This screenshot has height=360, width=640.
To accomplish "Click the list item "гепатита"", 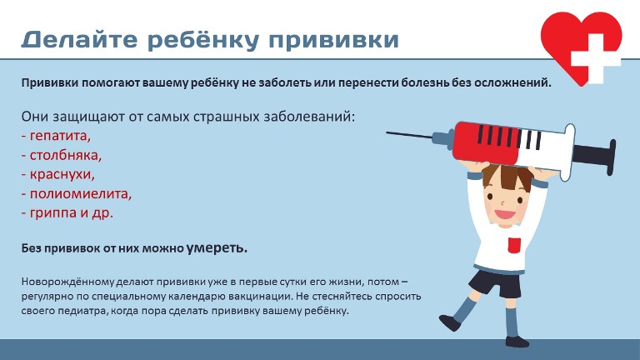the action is click(60, 136).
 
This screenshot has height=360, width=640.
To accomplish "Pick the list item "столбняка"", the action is click(65, 155).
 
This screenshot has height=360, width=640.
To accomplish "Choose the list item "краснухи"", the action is click(62, 174).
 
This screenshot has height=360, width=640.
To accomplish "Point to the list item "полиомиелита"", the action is click(80, 193).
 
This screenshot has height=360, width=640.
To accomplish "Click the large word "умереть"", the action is click(217, 247).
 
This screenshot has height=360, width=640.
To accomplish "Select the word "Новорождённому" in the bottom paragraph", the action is click(68, 282).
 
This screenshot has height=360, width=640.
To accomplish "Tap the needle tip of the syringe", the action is click(387, 132).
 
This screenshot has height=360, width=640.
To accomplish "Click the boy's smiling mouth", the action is click(504, 215).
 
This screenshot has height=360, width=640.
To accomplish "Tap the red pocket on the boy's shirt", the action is click(514, 244).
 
